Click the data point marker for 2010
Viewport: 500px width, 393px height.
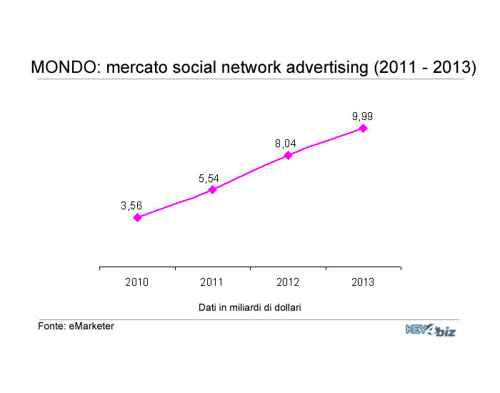[137, 217]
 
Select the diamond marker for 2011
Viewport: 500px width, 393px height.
[212, 190]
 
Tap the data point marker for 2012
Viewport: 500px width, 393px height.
[289, 155]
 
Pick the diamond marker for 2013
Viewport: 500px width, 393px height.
[363, 128]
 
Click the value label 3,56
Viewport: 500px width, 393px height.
[131, 206]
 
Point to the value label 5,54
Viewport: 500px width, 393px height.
[209, 179]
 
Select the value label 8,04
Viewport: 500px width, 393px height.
[286, 144]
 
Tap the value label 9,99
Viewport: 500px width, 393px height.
[363, 116]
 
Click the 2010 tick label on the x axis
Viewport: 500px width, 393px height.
[137, 282]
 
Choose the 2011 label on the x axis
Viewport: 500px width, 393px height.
[211, 282]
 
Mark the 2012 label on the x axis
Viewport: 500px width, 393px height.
[288, 282]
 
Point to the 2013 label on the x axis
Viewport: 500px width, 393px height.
[363, 282]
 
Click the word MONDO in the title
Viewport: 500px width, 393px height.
[66, 67]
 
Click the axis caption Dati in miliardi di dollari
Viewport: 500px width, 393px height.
[250, 307]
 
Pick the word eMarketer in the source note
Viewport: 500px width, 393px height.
[91, 327]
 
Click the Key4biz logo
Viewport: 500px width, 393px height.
[431, 330]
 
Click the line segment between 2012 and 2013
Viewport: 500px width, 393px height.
[326, 142]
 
